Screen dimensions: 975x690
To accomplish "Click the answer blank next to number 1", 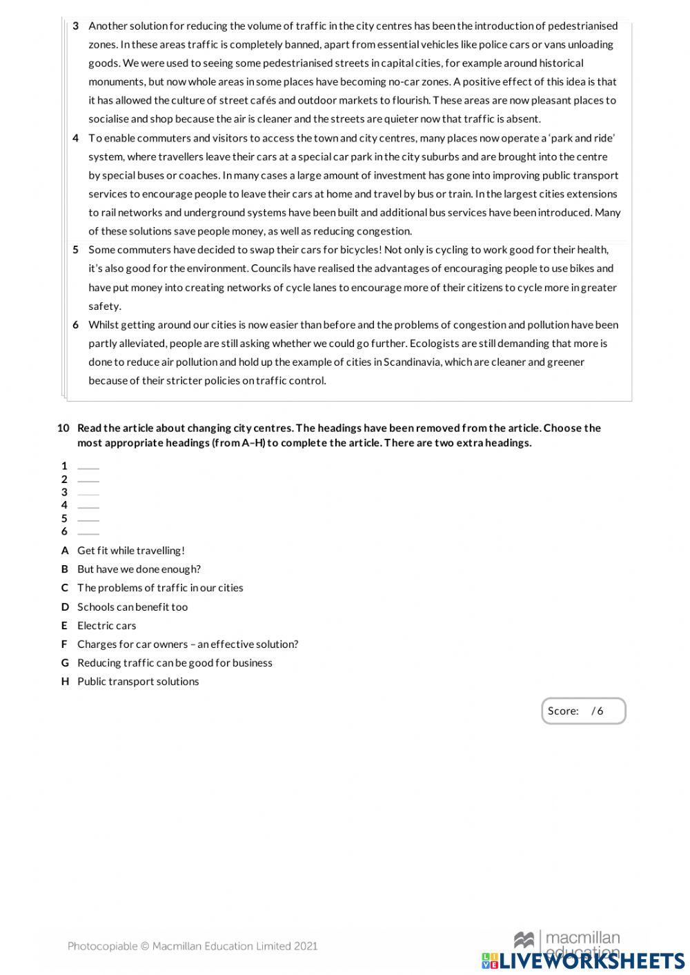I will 88,466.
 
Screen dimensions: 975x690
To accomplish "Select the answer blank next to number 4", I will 88,506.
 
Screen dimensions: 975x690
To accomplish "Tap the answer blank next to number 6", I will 88,532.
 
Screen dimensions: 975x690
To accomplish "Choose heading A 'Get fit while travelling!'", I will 130,551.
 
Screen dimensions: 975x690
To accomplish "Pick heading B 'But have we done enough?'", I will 139,569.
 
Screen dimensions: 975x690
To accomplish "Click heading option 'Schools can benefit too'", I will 132,607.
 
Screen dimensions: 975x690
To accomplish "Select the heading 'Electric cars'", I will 106,626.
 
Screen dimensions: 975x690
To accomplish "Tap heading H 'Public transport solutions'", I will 138,682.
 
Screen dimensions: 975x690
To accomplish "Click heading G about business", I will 175,663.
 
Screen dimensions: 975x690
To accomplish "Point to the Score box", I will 583,711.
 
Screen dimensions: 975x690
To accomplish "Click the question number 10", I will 63,429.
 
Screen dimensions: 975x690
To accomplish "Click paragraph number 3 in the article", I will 76,26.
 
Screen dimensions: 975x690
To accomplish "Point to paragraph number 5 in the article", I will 76,250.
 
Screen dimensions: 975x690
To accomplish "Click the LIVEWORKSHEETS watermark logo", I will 583,961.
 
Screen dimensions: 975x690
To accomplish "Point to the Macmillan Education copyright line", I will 193,946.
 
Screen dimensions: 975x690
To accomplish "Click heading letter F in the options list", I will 64,644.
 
